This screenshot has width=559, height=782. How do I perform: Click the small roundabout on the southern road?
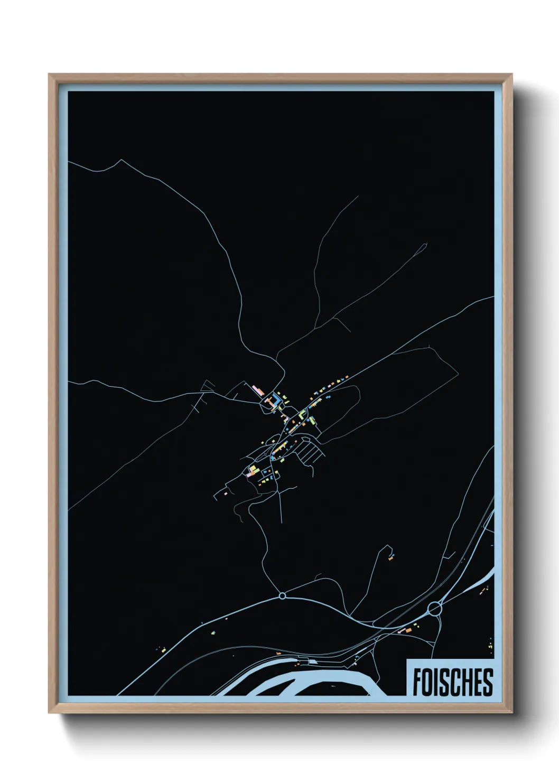coord(282,596)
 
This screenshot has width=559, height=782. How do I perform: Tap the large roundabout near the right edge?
coord(435,609)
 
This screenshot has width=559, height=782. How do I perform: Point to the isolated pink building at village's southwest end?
coord(225,492)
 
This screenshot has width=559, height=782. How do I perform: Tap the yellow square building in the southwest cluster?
coord(253,469)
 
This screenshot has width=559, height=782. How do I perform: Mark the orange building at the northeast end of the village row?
coord(347,376)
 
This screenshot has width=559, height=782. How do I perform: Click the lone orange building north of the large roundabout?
coord(392,557)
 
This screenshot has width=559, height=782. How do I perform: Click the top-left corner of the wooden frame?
coord(50,75)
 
